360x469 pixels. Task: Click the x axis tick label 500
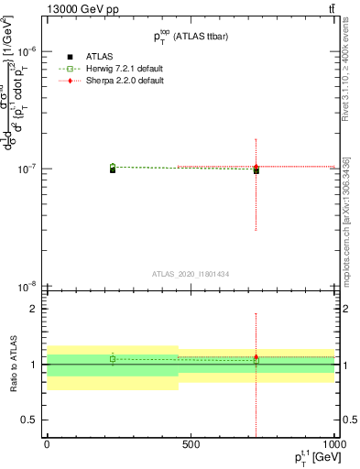pyautogui.click(x=191, y=443)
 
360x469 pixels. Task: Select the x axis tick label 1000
pyautogui.click(x=333, y=443)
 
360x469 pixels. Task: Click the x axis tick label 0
pyautogui.click(x=47, y=443)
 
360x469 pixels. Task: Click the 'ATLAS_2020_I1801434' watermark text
pyautogui.click(x=191, y=274)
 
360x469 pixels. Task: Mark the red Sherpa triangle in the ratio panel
pyautogui.click(x=256, y=356)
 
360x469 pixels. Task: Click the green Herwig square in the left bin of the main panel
pyautogui.click(x=113, y=167)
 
